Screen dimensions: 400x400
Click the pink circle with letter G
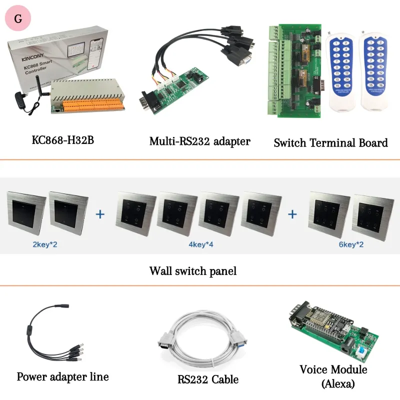pos(18,19)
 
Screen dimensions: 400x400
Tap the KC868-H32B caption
pos(62,139)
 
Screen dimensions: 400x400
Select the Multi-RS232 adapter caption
pos(200,141)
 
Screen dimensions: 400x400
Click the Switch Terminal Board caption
pos(330,142)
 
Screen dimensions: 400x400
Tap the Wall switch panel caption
pos(193,271)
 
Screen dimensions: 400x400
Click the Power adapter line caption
pos(62,376)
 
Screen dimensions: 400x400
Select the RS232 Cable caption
pos(208,379)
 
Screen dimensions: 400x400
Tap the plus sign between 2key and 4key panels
pos(100,214)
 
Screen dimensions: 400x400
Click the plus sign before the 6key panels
pos(292,214)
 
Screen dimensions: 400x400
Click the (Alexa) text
pos(337,384)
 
